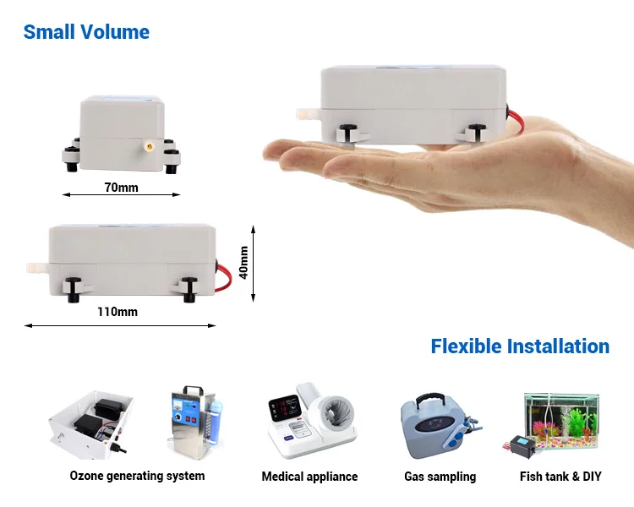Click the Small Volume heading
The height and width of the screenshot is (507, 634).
(x=86, y=33)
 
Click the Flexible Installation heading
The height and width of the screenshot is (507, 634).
(x=520, y=346)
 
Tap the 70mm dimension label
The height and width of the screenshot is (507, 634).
(x=121, y=187)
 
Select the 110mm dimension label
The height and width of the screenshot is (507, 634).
(x=117, y=312)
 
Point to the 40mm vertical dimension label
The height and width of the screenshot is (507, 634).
(x=244, y=262)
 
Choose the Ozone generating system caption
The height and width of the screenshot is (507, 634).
(x=137, y=476)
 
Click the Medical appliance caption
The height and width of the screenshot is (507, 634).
(x=309, y=477)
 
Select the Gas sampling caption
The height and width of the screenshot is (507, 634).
(x=440, y=477)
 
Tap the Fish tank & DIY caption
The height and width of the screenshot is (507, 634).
(x=560, y=477)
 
